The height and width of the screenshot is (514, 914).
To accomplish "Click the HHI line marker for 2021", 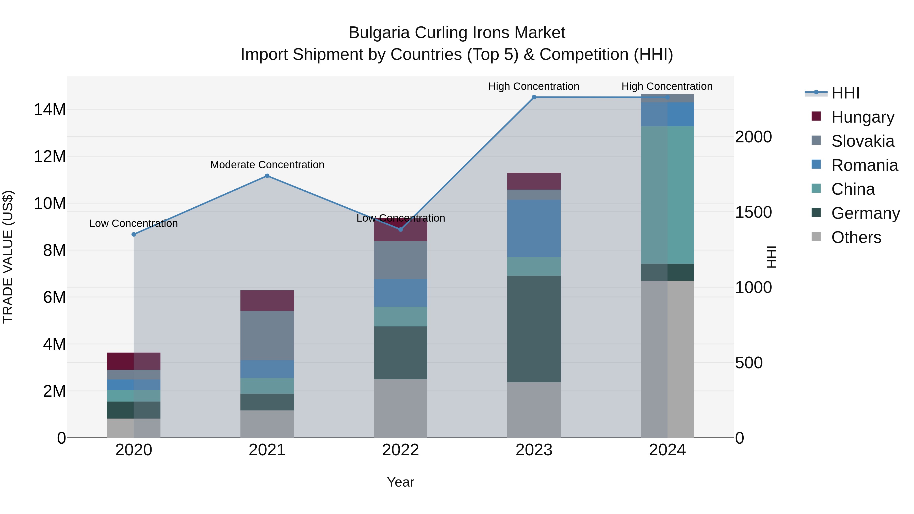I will (x=267, y=176).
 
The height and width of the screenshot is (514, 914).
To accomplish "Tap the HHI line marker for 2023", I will (x=534, y=97).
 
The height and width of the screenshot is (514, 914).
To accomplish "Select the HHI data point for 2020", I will (x=134, y=235).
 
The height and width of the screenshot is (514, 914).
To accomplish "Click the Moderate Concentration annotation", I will (x=267, y=165).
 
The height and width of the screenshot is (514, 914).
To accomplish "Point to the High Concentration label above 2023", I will (x=534, y=87).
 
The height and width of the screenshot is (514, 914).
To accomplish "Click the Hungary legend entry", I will (x=862, y=117).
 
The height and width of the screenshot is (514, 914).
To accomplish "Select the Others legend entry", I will (x=856, y=237).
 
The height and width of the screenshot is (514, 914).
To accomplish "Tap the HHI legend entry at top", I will (x=845, y=93).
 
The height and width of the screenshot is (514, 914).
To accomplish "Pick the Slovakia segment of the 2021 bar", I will (x=267, y=336).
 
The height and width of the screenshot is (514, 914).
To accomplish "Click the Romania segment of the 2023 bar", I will (x=534, y=228).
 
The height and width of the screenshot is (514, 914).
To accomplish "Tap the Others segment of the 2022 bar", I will (x=401, y=408).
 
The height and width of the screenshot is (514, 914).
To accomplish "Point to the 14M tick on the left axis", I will (x=50, y=110).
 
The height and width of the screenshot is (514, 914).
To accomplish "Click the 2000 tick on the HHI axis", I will (x=753, y=137).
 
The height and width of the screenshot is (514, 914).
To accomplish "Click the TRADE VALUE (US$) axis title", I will (x=8, y=257).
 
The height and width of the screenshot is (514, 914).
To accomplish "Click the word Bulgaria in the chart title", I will (x=379, y=33).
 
